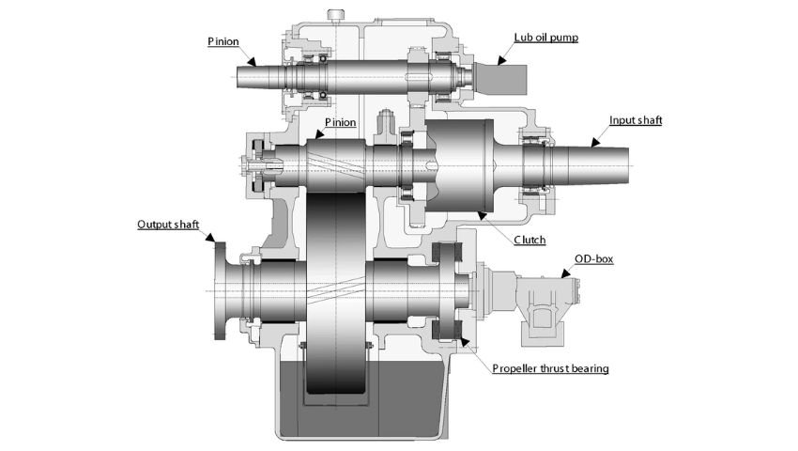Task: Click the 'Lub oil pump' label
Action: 545,38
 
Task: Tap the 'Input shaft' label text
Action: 636,121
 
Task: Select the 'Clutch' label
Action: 529,240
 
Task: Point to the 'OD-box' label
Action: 594,259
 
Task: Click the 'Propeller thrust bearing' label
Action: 550,368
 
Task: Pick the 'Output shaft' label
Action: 168,225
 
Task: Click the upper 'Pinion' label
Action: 223,41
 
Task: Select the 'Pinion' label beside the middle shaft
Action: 341,123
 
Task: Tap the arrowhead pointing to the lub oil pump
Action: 502,61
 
